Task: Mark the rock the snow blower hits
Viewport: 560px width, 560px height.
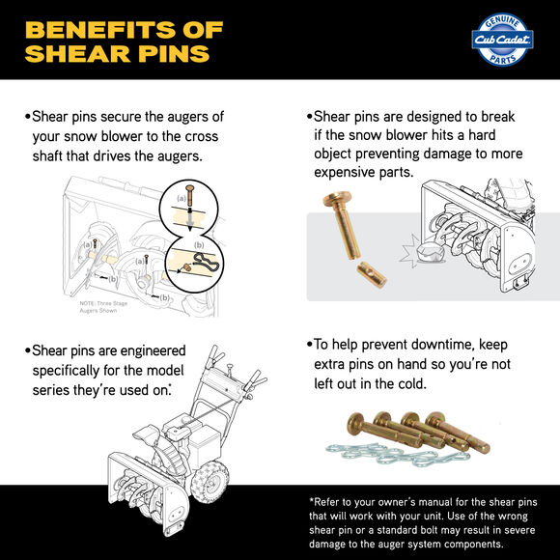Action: (434, 253)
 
